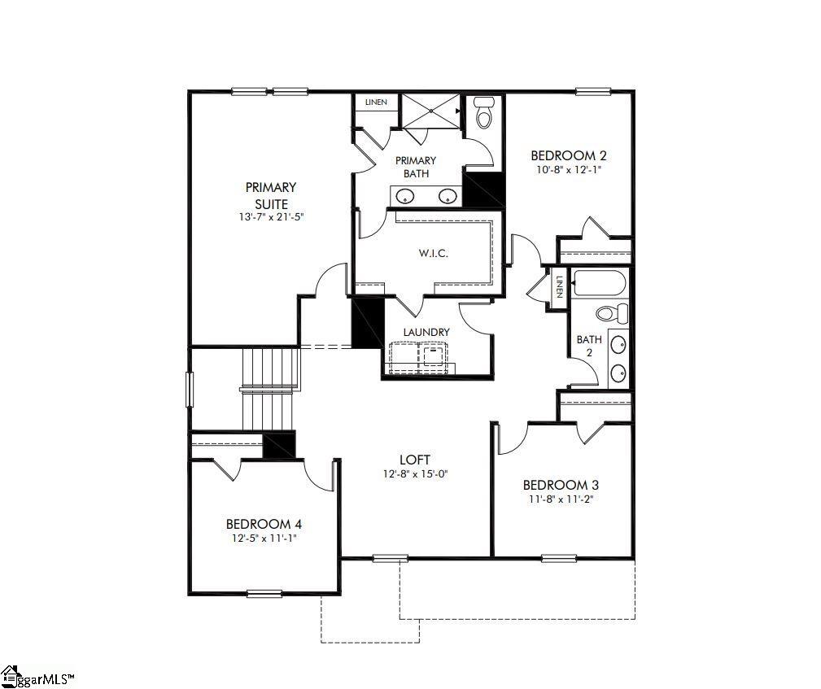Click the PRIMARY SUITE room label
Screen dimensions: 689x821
pos(271,195)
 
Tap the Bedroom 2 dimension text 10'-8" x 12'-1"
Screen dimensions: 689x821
pos(569,170)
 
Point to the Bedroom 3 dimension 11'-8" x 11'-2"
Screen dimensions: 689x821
pos(561,499)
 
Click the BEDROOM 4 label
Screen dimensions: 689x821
pos(264,524)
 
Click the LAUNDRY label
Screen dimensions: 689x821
pos(426,332)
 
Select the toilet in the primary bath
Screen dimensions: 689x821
pos(484,113)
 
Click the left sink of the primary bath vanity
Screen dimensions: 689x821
pos(405,195)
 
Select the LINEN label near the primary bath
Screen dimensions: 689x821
pos(376,102)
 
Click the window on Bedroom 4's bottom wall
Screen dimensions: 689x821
pos(264,592)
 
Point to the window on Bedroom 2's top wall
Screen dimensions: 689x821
pos(593,91)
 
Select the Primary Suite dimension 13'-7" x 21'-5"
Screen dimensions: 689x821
pos(271,217)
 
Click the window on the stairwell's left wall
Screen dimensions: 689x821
pos(190,389)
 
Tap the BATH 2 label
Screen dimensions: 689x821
pos(588,346)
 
